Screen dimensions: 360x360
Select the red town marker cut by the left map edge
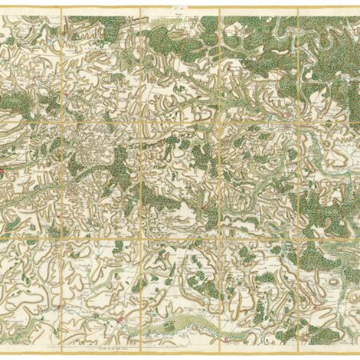pos(2,170)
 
